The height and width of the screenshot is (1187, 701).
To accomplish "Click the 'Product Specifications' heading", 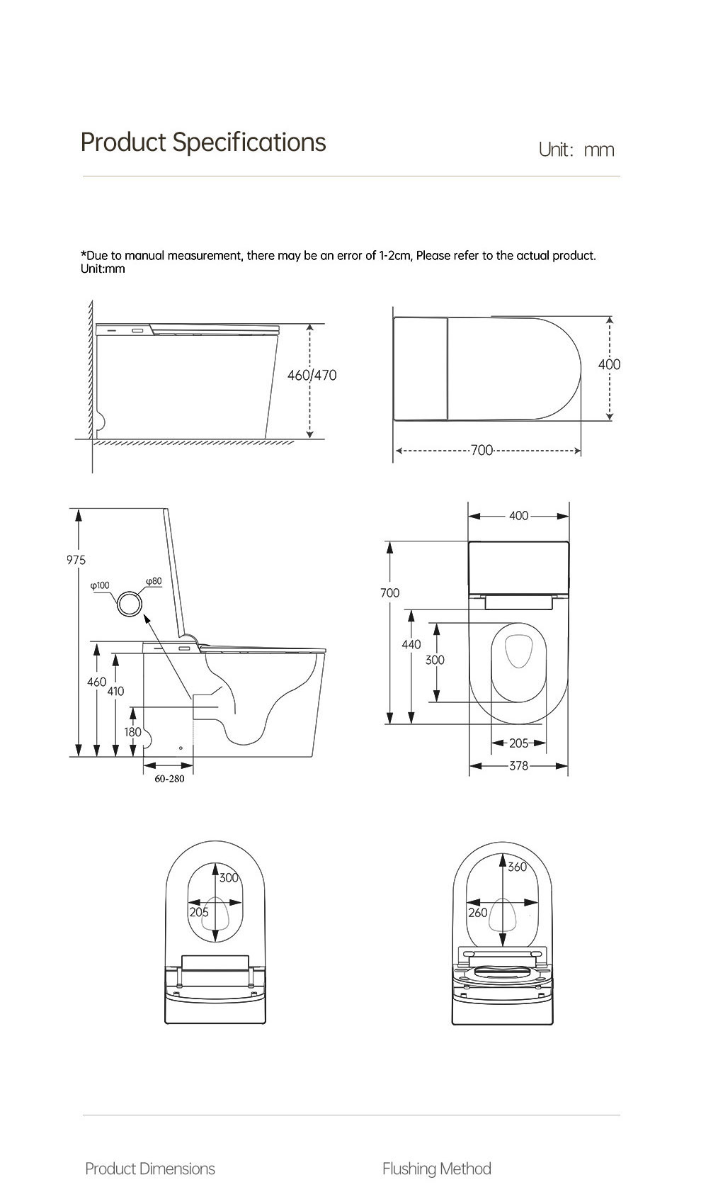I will [x=203, y=142].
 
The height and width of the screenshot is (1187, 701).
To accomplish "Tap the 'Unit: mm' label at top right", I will [x=576, y=150].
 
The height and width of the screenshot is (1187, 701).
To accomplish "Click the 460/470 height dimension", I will [x=312, y=375].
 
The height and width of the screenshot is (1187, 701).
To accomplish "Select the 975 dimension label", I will [x=76, y=560].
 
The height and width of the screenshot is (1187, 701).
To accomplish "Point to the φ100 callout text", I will [x=100, y=585].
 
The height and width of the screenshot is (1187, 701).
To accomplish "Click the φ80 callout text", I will [x=154, y=581].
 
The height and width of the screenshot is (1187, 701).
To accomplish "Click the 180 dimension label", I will [x=132, y=732].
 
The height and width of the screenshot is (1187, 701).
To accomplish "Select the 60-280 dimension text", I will [x=169, y=779].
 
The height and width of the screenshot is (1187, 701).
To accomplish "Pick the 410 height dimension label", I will [x=115, y=691].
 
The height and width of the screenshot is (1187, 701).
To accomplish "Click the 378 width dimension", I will [x=519, y=766].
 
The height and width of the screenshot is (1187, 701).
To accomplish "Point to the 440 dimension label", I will [x=411, y=644].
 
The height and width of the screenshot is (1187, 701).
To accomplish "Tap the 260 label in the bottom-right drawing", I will [x=478, y=913].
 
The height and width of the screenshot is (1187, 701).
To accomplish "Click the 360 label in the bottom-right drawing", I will [x=518, y=867].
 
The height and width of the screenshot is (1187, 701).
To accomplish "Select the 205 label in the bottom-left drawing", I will [x=199, y=912].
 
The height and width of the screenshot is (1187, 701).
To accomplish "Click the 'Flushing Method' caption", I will [x=436, y=1169].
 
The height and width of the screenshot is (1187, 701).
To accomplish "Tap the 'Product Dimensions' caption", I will [x=150, y=1169].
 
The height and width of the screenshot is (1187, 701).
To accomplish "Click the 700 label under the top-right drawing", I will [x=481, y=450].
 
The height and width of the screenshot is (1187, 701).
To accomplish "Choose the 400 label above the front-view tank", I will [x=518, y=516].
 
